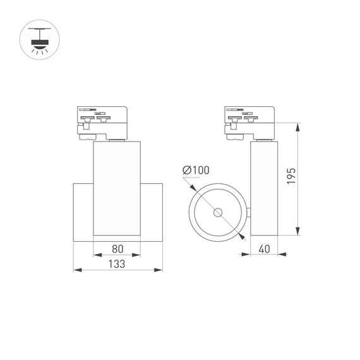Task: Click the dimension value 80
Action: pos(117,248)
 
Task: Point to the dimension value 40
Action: pos(264,248)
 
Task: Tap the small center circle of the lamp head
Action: pos(218,212)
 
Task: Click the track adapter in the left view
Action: pos(103,123)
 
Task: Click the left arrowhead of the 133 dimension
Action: pos(77,270)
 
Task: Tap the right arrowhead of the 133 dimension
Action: pos(159,270)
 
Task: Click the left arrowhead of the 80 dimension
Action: pos(97,255)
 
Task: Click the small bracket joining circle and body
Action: pos(248,212)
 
